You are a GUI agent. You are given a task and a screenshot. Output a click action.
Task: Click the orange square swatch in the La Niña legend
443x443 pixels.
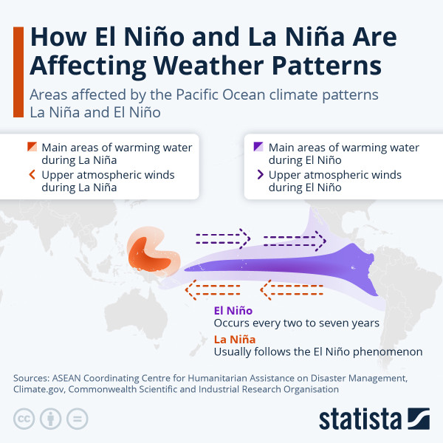tap(31, 146)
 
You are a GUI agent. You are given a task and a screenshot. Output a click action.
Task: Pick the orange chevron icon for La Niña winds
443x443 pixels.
tap(31, 175)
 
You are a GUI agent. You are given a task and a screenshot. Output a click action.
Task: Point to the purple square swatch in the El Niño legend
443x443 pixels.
tap(258, 146)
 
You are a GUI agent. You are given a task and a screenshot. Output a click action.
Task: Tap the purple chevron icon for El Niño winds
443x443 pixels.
tap(258, 175)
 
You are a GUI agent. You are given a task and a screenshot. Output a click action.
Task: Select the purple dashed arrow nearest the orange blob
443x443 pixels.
tap(222, 238)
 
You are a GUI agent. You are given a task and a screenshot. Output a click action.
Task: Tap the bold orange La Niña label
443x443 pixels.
tap(234, 339)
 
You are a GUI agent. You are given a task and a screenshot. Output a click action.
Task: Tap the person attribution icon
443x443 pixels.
tap(50, 419)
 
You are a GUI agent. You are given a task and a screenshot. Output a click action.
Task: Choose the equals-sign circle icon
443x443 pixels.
tap(77, 419)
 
